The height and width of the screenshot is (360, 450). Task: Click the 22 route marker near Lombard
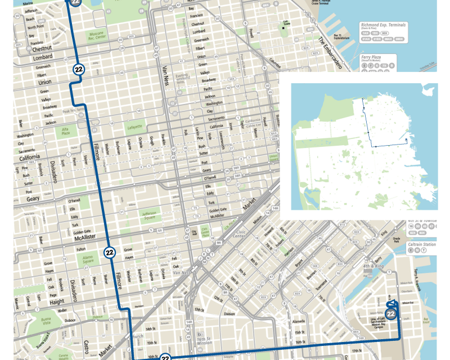(78, 69)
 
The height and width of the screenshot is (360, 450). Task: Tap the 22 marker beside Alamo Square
(110, 253)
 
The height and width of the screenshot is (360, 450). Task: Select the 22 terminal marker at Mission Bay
(390, 314)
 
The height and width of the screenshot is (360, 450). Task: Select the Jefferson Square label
(148, 215)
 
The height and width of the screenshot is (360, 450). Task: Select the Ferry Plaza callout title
(372, 58)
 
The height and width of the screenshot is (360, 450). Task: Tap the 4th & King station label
(373, 266)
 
